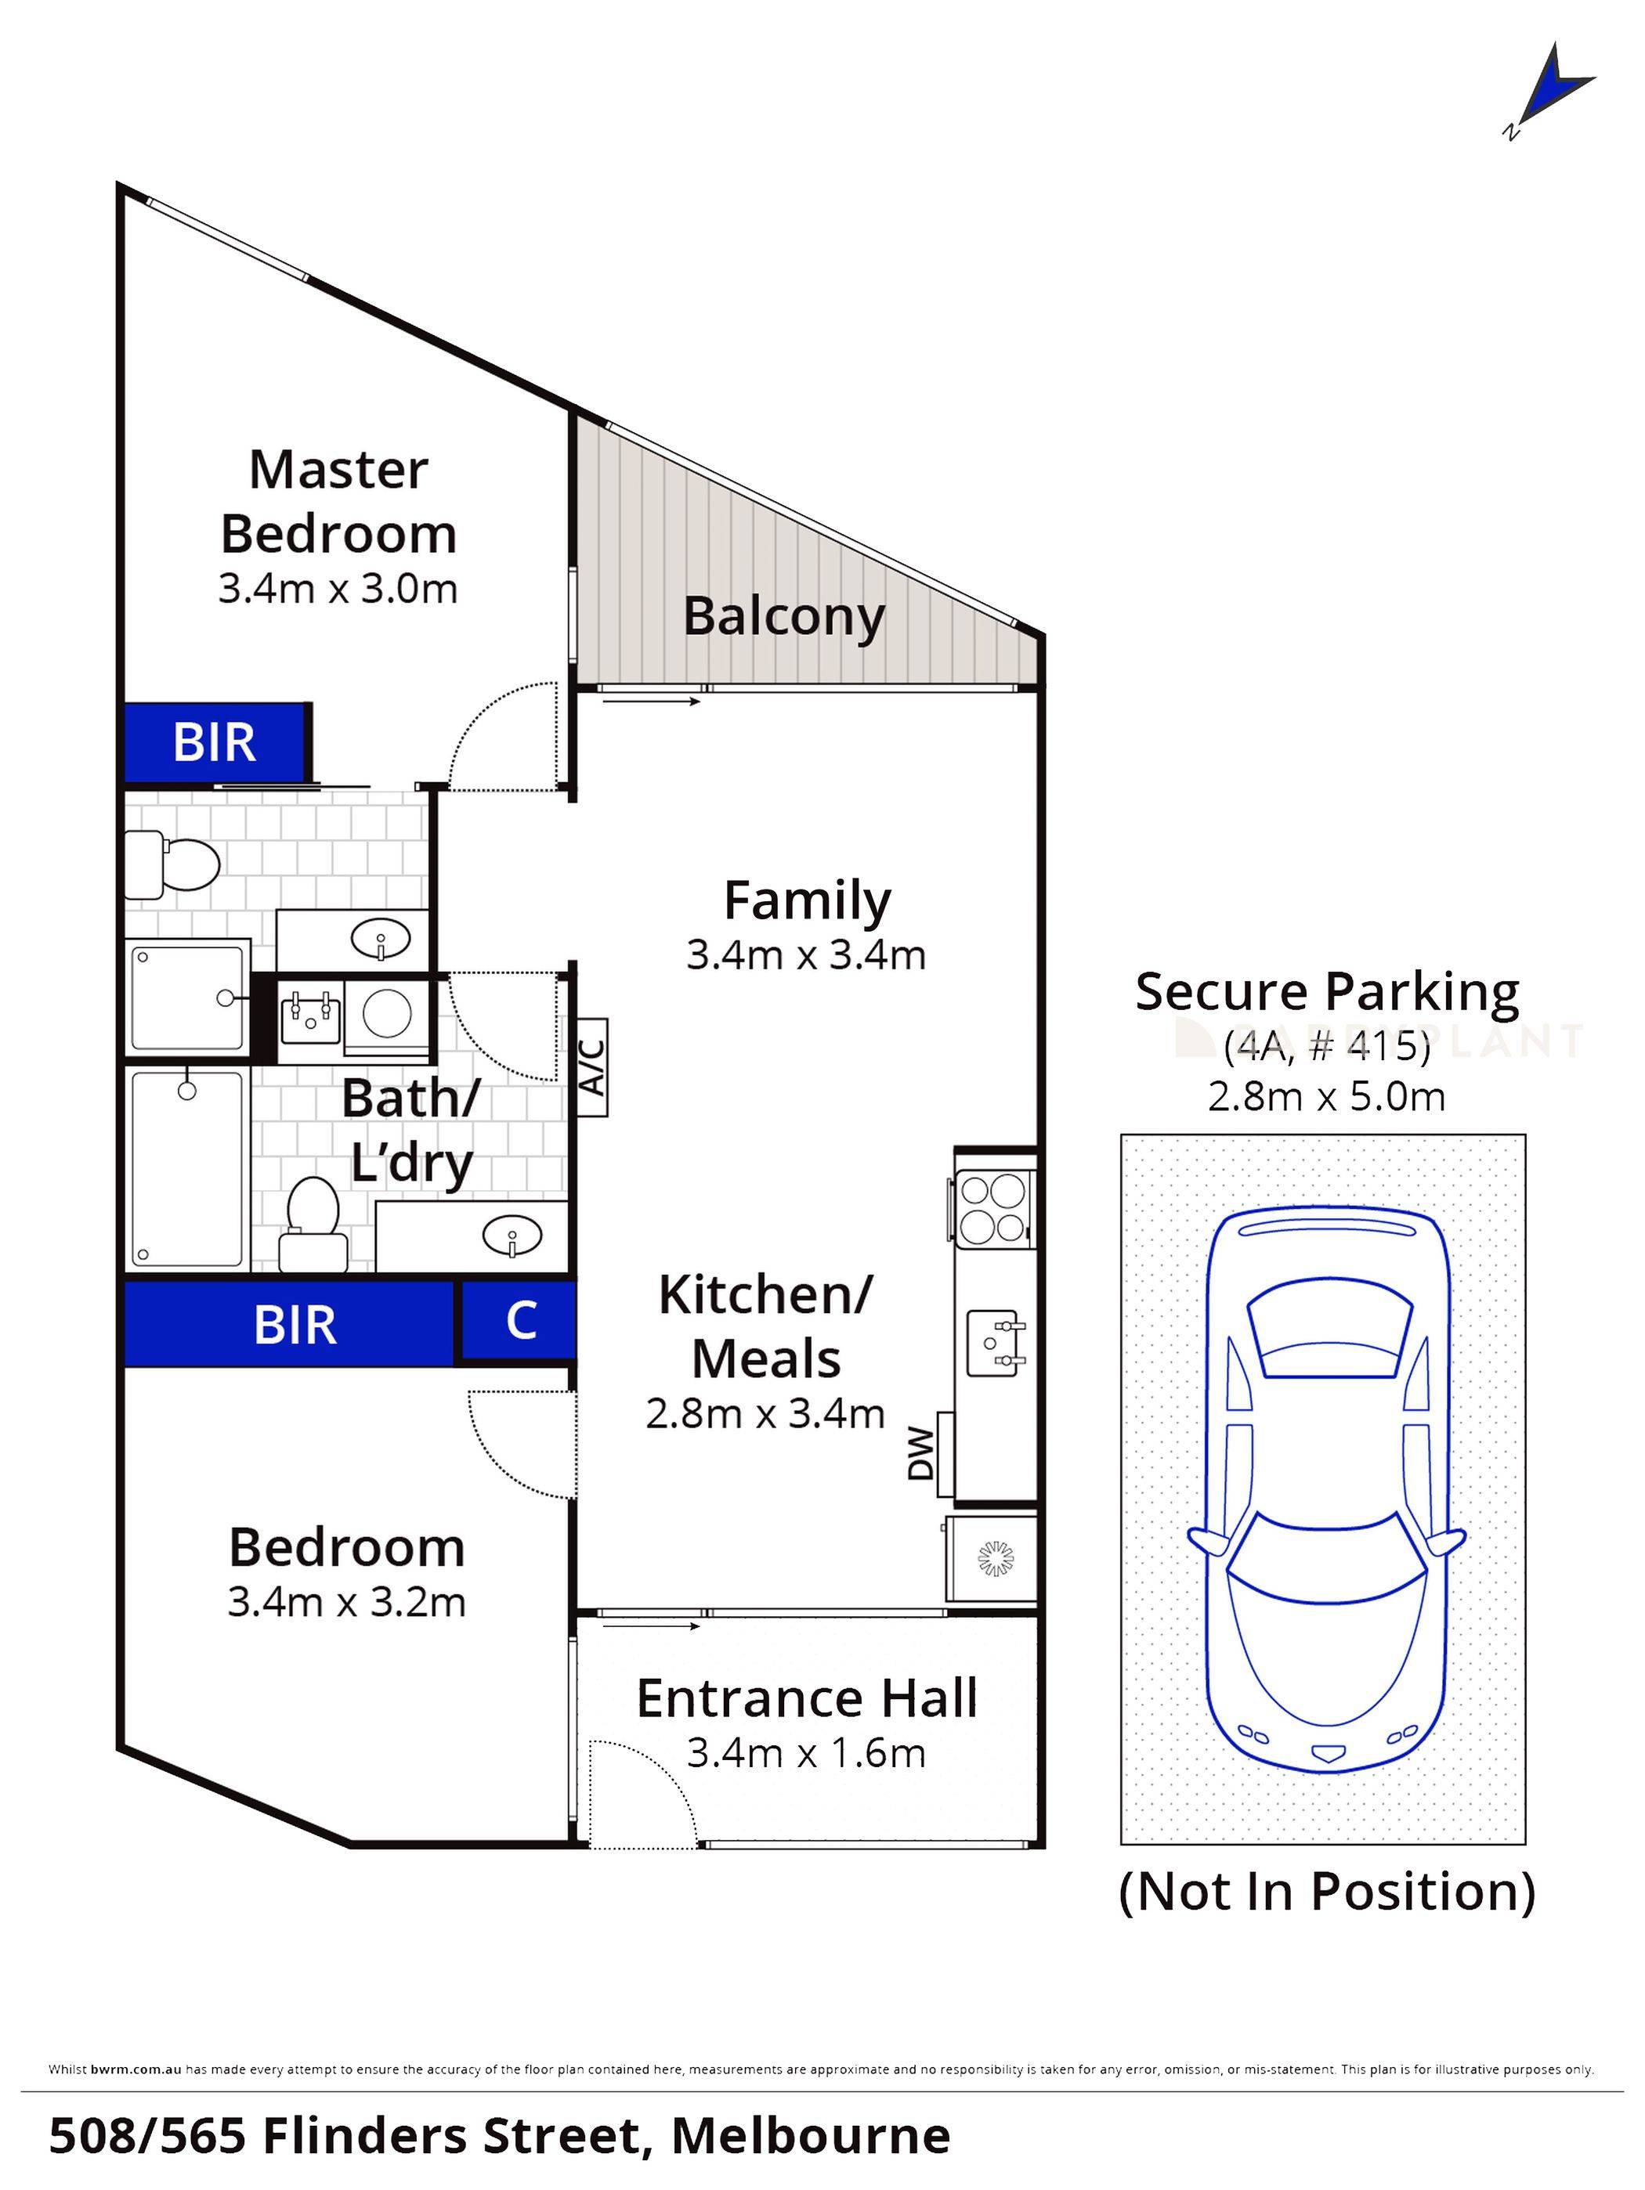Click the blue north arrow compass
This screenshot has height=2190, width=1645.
coord(1550,97)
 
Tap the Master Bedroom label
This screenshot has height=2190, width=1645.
coord(338,501)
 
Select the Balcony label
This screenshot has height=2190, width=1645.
coord(783,617)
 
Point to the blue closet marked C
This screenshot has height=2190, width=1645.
coord(519,1320)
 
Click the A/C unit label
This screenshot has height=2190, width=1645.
coord(591,1066)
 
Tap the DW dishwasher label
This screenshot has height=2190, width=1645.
coord(921,1453)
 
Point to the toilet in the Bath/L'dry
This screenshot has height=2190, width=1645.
coord(313,1224)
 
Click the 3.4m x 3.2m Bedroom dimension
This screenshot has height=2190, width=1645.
coord(347,1602)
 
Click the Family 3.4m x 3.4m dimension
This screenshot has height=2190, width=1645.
coord(806,955)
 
